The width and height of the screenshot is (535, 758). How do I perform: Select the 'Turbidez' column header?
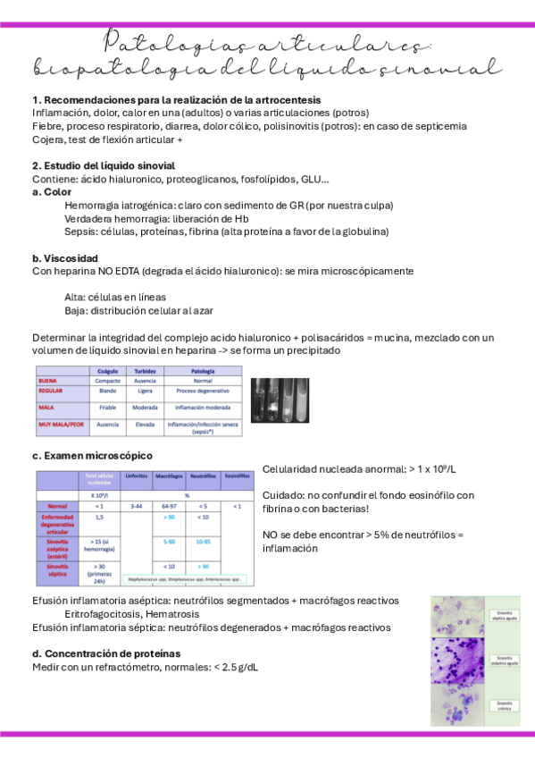pyautogui.click(x=146, y=369)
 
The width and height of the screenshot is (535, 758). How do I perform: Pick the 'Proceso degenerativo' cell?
pyautogui.click(x=203, y=392)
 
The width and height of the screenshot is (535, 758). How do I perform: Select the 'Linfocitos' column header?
pyautogui.click(x=137, y=475)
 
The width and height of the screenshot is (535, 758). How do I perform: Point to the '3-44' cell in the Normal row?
pyautogui.click(x=137, y=506)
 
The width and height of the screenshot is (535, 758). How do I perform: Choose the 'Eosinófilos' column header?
pyautogui.click(x=237, y=475)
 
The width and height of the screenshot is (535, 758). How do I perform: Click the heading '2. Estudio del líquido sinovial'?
pyautogui.click(x=104, y=165)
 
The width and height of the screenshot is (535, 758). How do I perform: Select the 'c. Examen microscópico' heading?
pyautogui.click(x=92, y=455)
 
